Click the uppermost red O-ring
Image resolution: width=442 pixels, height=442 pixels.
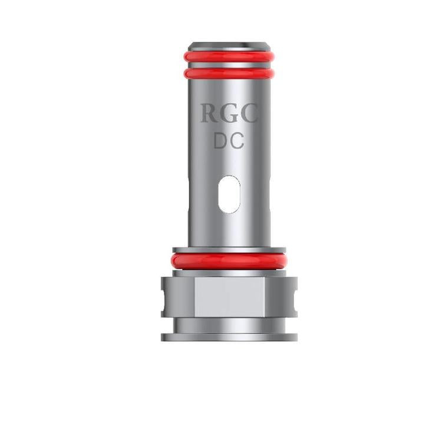(229, 57)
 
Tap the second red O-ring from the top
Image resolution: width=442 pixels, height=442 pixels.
(229, 73)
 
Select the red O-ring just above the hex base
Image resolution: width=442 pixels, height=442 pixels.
(229, 260)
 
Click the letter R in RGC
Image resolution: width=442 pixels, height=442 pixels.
(209, 114)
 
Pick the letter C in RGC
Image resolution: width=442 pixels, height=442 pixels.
(249, 114)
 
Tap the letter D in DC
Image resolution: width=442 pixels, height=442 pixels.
(220, 141)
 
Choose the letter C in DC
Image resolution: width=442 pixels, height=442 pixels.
(238, 141)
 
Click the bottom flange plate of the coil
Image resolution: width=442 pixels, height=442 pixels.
(229, 337)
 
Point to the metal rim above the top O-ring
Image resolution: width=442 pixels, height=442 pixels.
(229, 46)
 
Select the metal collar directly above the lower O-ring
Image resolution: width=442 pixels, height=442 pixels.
(229, 250)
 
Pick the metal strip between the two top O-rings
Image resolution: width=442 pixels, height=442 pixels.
(229, 65)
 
